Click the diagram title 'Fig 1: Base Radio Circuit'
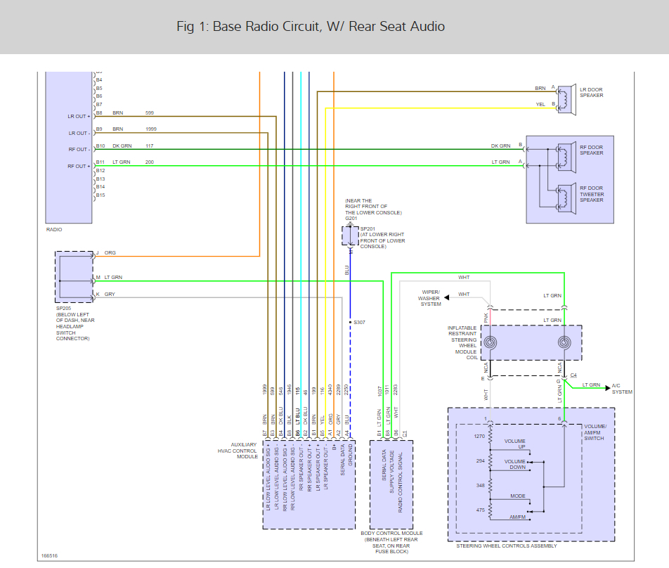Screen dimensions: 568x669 pyautogui.click(x=311, y=27)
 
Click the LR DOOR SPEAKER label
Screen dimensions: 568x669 pyautogui.click(x=592, y=93)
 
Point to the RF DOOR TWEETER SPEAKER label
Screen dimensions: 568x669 pyautogui.click(x=592, y=194)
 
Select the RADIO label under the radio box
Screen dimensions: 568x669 pyautogui.click(x=54, y=229)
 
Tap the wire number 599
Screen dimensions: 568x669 pyautogui.click(x=150, y=112)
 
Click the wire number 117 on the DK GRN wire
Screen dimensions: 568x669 pyautogui.click(x=150, y=146)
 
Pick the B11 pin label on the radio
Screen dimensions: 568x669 pyautogui.click(x=100, y=162)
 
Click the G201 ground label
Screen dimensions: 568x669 pyautogui.click(x=351, y=218)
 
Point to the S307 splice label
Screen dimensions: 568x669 pyautogui.click(x=360, y=323)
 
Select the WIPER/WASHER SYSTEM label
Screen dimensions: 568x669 pyautogui.click(x=431, y=298)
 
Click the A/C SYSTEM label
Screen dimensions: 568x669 pyautogui.click(x=622, y=389)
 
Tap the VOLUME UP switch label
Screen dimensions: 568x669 pyautogui.click(x=514, y=444)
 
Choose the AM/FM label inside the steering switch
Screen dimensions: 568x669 pyautogui.click(x=517, y=517)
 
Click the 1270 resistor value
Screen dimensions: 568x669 pyautogui.click(x=479, y=436)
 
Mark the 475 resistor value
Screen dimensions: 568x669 pyautogui.click(x=480, y=510)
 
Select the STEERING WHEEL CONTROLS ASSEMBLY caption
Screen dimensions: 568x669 pyautogui.click(x=507, y=546)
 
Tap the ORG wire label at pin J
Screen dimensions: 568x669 pyautogui.click(x=111, y=253)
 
